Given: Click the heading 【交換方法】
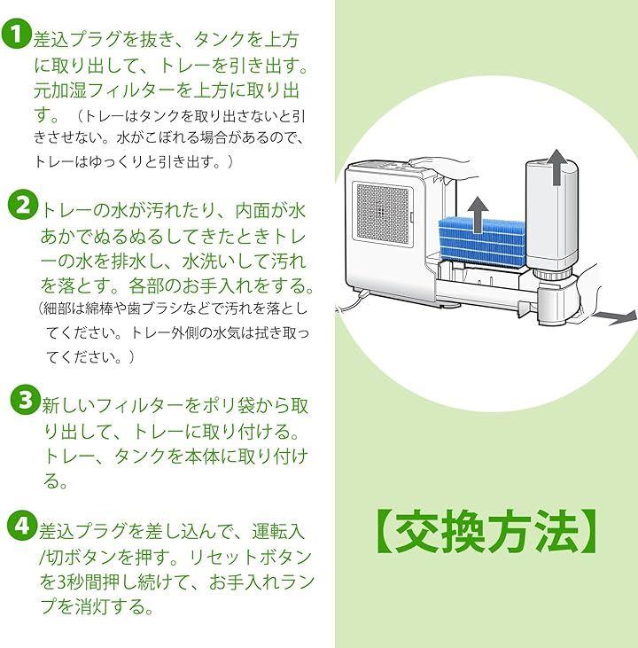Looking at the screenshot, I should [486, 531].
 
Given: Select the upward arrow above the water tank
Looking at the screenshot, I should [554, 166].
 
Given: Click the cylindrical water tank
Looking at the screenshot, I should [551, 222].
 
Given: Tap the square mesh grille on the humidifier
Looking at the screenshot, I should [381, 213].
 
